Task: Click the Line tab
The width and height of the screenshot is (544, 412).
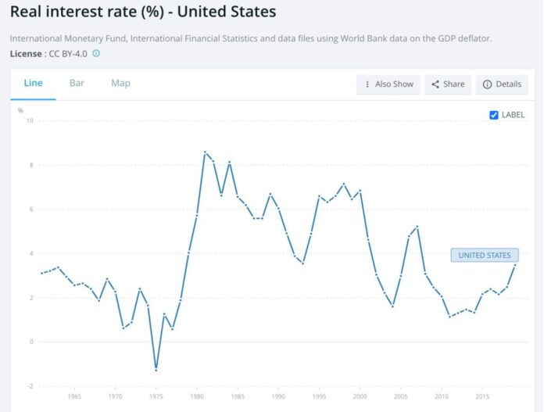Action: coord(34,83)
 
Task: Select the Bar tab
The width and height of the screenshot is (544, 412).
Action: coord(77,83)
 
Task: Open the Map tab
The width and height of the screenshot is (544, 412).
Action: coord(120,83)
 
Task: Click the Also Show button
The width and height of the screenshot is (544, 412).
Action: coord(388,84)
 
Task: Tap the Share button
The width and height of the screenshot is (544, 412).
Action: coord(448,84)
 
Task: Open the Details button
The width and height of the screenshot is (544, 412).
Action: coord(502,84)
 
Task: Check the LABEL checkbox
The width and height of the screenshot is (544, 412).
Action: coord(494,115)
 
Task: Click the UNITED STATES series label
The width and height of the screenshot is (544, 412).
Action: coord(484,256)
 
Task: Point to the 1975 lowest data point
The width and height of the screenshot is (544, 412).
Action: coord(156,370)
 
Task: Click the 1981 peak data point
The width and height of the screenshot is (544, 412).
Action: coord(205,152)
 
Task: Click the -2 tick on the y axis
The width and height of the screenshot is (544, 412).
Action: coord(31,386)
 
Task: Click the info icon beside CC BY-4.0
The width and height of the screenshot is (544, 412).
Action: coord(96,53)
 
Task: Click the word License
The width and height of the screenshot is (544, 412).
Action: coord(27,54)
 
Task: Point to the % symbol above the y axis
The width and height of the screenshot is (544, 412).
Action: coord(21,110)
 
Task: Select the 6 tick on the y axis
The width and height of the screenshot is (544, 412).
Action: coord(31,210)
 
